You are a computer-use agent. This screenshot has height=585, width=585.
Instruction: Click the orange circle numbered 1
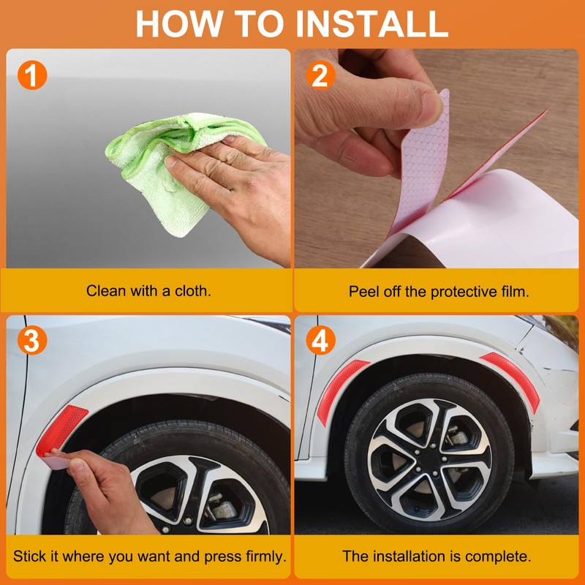pos(32,75)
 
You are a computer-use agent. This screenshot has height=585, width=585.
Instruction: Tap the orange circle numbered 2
pos(320,75)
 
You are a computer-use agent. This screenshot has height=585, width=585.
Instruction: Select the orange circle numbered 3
pos(32,340)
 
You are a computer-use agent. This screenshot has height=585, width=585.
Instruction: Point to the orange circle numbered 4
pos(320,340)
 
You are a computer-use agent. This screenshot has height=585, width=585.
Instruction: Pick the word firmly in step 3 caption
pos(266,556)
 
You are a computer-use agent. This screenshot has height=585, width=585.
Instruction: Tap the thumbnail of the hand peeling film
pos(436,158)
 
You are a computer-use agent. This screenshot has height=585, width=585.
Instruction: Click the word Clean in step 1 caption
pos(102,291)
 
